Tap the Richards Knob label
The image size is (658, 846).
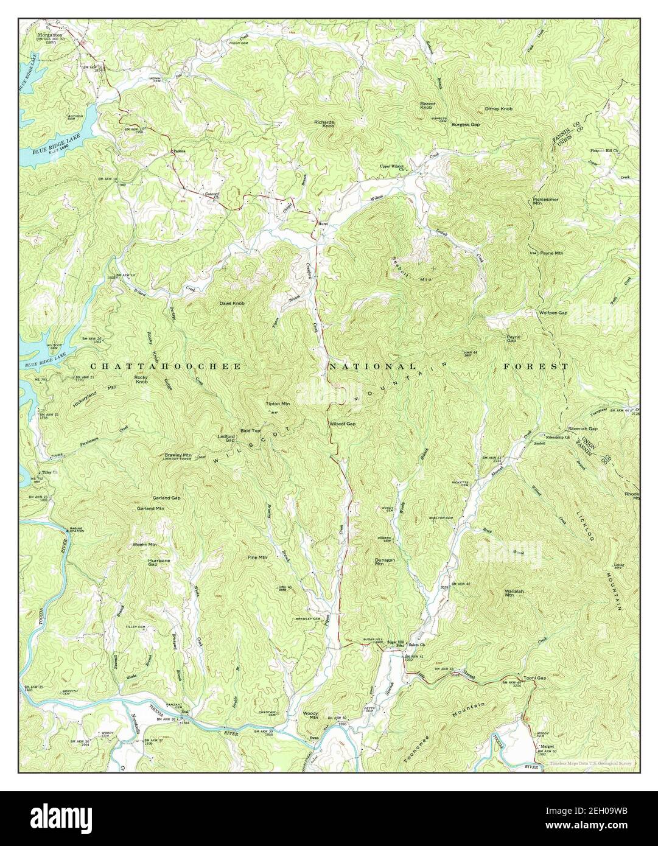click(x=324, y=124)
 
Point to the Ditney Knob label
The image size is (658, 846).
click(x=499, y=109)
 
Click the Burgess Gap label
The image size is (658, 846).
click(x=466, y=124)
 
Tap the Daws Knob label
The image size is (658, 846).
click(x=232, y=303)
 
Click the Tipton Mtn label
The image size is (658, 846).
click(x=278, y=404)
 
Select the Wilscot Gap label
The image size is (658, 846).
click(x=342, y=424)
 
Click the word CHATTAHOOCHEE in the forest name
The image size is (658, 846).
click(x=166, y=366)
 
